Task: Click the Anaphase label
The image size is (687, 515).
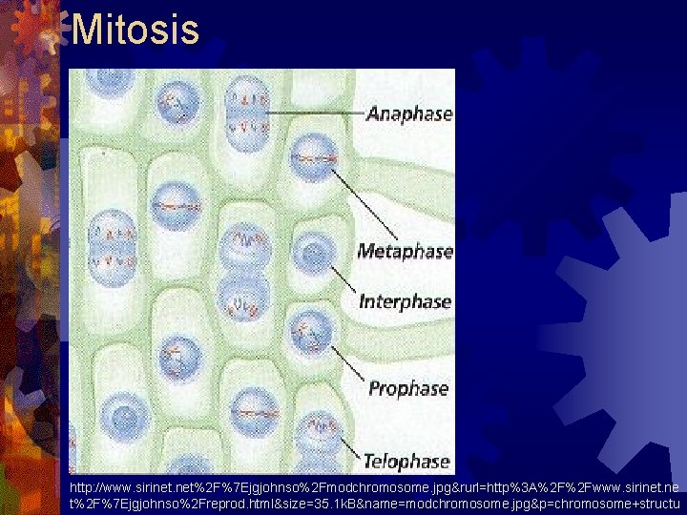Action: pyautogui.click(x=408, y=114)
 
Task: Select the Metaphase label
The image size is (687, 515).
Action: pyautogui.click(x=404, y=252)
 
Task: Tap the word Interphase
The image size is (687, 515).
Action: pyautogui.click(x=405, y=301)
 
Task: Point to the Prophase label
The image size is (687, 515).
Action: pyautogui.click(x=407, y=388)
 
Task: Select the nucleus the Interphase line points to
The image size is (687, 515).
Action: pyautogui.click(x=312, y=255)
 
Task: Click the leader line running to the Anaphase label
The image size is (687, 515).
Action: pyautogui.click(x=315, y=113)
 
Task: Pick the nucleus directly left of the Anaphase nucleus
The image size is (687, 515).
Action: pyautogui.click(x=174, y=103)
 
